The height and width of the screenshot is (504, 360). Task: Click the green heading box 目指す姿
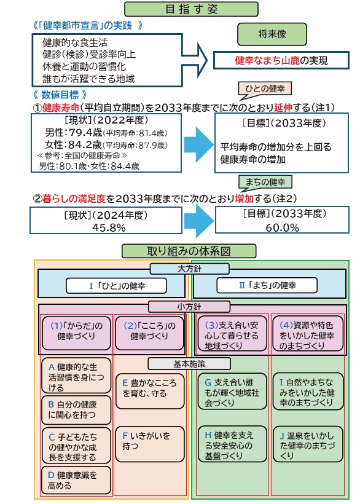coord(191,9)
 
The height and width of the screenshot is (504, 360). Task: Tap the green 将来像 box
coord(272,34)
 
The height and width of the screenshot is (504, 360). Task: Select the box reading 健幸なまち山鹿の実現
coord(281,60)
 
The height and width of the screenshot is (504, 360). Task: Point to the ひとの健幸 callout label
coord(265,89)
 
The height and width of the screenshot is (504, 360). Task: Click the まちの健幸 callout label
coord(265,182)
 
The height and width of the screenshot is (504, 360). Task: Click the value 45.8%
coord(109,227)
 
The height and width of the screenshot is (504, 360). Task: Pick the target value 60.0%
coord(282,227)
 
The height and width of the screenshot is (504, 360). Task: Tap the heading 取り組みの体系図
coord(189,251)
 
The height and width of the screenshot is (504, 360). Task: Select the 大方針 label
coord(189,269)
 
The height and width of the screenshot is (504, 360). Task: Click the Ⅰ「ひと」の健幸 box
coord(116,286)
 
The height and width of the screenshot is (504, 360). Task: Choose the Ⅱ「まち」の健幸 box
coord(267,285)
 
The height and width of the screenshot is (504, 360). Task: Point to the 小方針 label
coord(189,307)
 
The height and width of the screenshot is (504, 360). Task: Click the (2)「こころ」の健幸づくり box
coord(150,333)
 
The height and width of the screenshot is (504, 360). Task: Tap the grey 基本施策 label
coord(189,364)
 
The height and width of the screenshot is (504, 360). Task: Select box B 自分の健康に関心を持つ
coord(76,410)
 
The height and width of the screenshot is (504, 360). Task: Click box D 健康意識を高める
coord(76,480)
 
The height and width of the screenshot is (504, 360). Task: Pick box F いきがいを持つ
coord(150,444)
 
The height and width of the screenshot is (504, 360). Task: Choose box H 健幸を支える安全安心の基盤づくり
coord(232,444)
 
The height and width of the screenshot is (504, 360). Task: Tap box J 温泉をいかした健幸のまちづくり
coord(308,444)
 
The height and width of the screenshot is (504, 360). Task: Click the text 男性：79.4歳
coord(74,132)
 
